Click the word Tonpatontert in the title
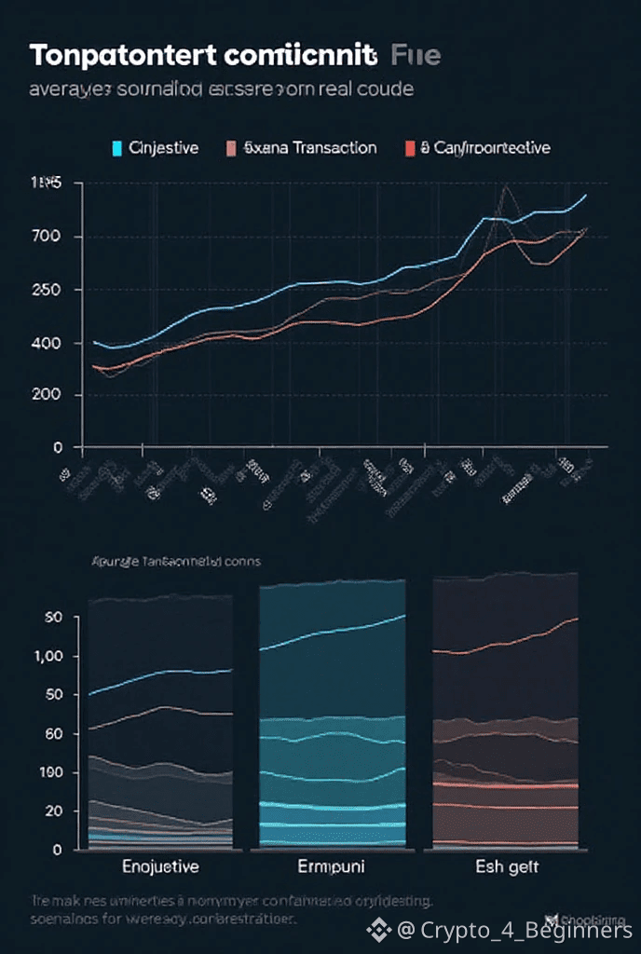tap(122, 55)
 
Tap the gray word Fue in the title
tap(416, 55)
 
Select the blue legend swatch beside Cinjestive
tap(116, 148)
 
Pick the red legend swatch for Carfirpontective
tap(410, 148)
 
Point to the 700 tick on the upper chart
tap(47, 237)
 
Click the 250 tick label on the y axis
tap(47, 290)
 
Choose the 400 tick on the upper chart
tap(47, 344)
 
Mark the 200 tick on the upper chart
tap(47, 395)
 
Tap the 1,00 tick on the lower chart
tap(47, 657)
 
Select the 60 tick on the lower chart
tap(52, 734)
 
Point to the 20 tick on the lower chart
tap(52, 811)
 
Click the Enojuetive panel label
tap(161, 867)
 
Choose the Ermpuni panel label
tap(331, 867)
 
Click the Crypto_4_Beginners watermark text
tap(526, 930)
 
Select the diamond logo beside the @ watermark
tap(378, 929)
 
